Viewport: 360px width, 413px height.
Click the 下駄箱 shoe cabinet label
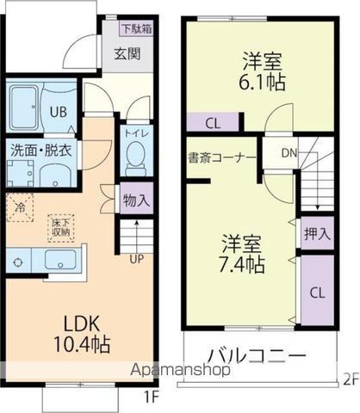(x=136, y=28)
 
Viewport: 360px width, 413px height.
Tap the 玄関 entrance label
(x=127, y=53)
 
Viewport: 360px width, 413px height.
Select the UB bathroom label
(x=59, y=112)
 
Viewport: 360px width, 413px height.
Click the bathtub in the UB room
(x=24, y=108)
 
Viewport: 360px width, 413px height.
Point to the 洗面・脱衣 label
(x=41, y=151)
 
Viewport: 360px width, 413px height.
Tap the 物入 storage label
(x=136, y=200)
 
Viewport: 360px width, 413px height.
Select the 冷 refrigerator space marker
(x=20, y=207)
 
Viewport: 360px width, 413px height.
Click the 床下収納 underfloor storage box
(x=61, y=228)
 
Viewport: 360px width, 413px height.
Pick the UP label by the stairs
(x=136, y=259)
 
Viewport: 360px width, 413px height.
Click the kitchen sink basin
(x=60, y=261)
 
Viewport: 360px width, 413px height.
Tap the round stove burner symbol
(x=18, y=262)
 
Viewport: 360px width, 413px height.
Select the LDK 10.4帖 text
(x=82, y=334)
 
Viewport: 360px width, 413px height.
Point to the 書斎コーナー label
(x=221, y=158)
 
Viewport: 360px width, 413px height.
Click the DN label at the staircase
(x=289, y=153)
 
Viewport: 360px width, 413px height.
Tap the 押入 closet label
(x=317, y=234)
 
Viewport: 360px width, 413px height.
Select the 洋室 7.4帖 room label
(x=241, y=254)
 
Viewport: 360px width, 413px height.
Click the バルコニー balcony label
(x=257, y=356)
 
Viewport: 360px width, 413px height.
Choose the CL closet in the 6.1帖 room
(x=213, y=124)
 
